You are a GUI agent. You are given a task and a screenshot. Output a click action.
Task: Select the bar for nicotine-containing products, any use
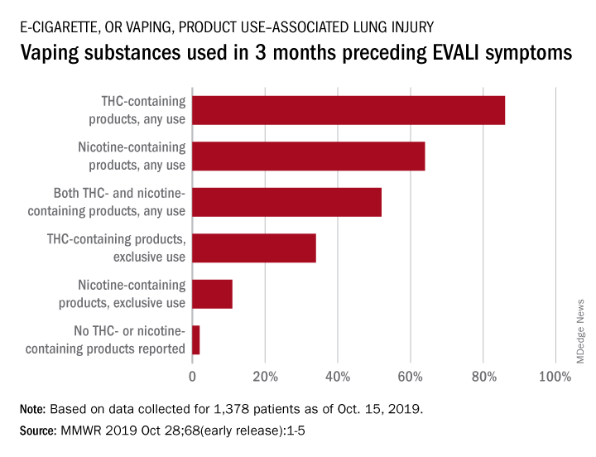point(308,156)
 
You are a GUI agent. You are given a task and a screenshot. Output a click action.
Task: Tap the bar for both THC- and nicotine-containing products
point(286,203)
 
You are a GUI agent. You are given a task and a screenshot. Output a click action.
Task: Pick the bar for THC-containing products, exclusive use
point(253,248)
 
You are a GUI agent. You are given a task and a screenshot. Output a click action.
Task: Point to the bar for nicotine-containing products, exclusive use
point(212,295)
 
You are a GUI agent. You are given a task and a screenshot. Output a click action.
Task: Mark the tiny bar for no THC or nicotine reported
point(196,340)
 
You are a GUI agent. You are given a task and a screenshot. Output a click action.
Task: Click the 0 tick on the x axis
point(192,378)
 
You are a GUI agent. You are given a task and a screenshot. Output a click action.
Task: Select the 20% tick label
point(265,378)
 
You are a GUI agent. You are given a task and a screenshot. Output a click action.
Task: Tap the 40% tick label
point(338,378)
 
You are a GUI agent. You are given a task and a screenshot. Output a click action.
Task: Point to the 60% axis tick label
point(411,378)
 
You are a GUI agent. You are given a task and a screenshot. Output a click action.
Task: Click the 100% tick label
point(554,378)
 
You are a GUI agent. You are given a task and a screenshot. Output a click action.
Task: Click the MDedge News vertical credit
point(580,330)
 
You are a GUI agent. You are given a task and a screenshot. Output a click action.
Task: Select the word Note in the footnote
point(32,410)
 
